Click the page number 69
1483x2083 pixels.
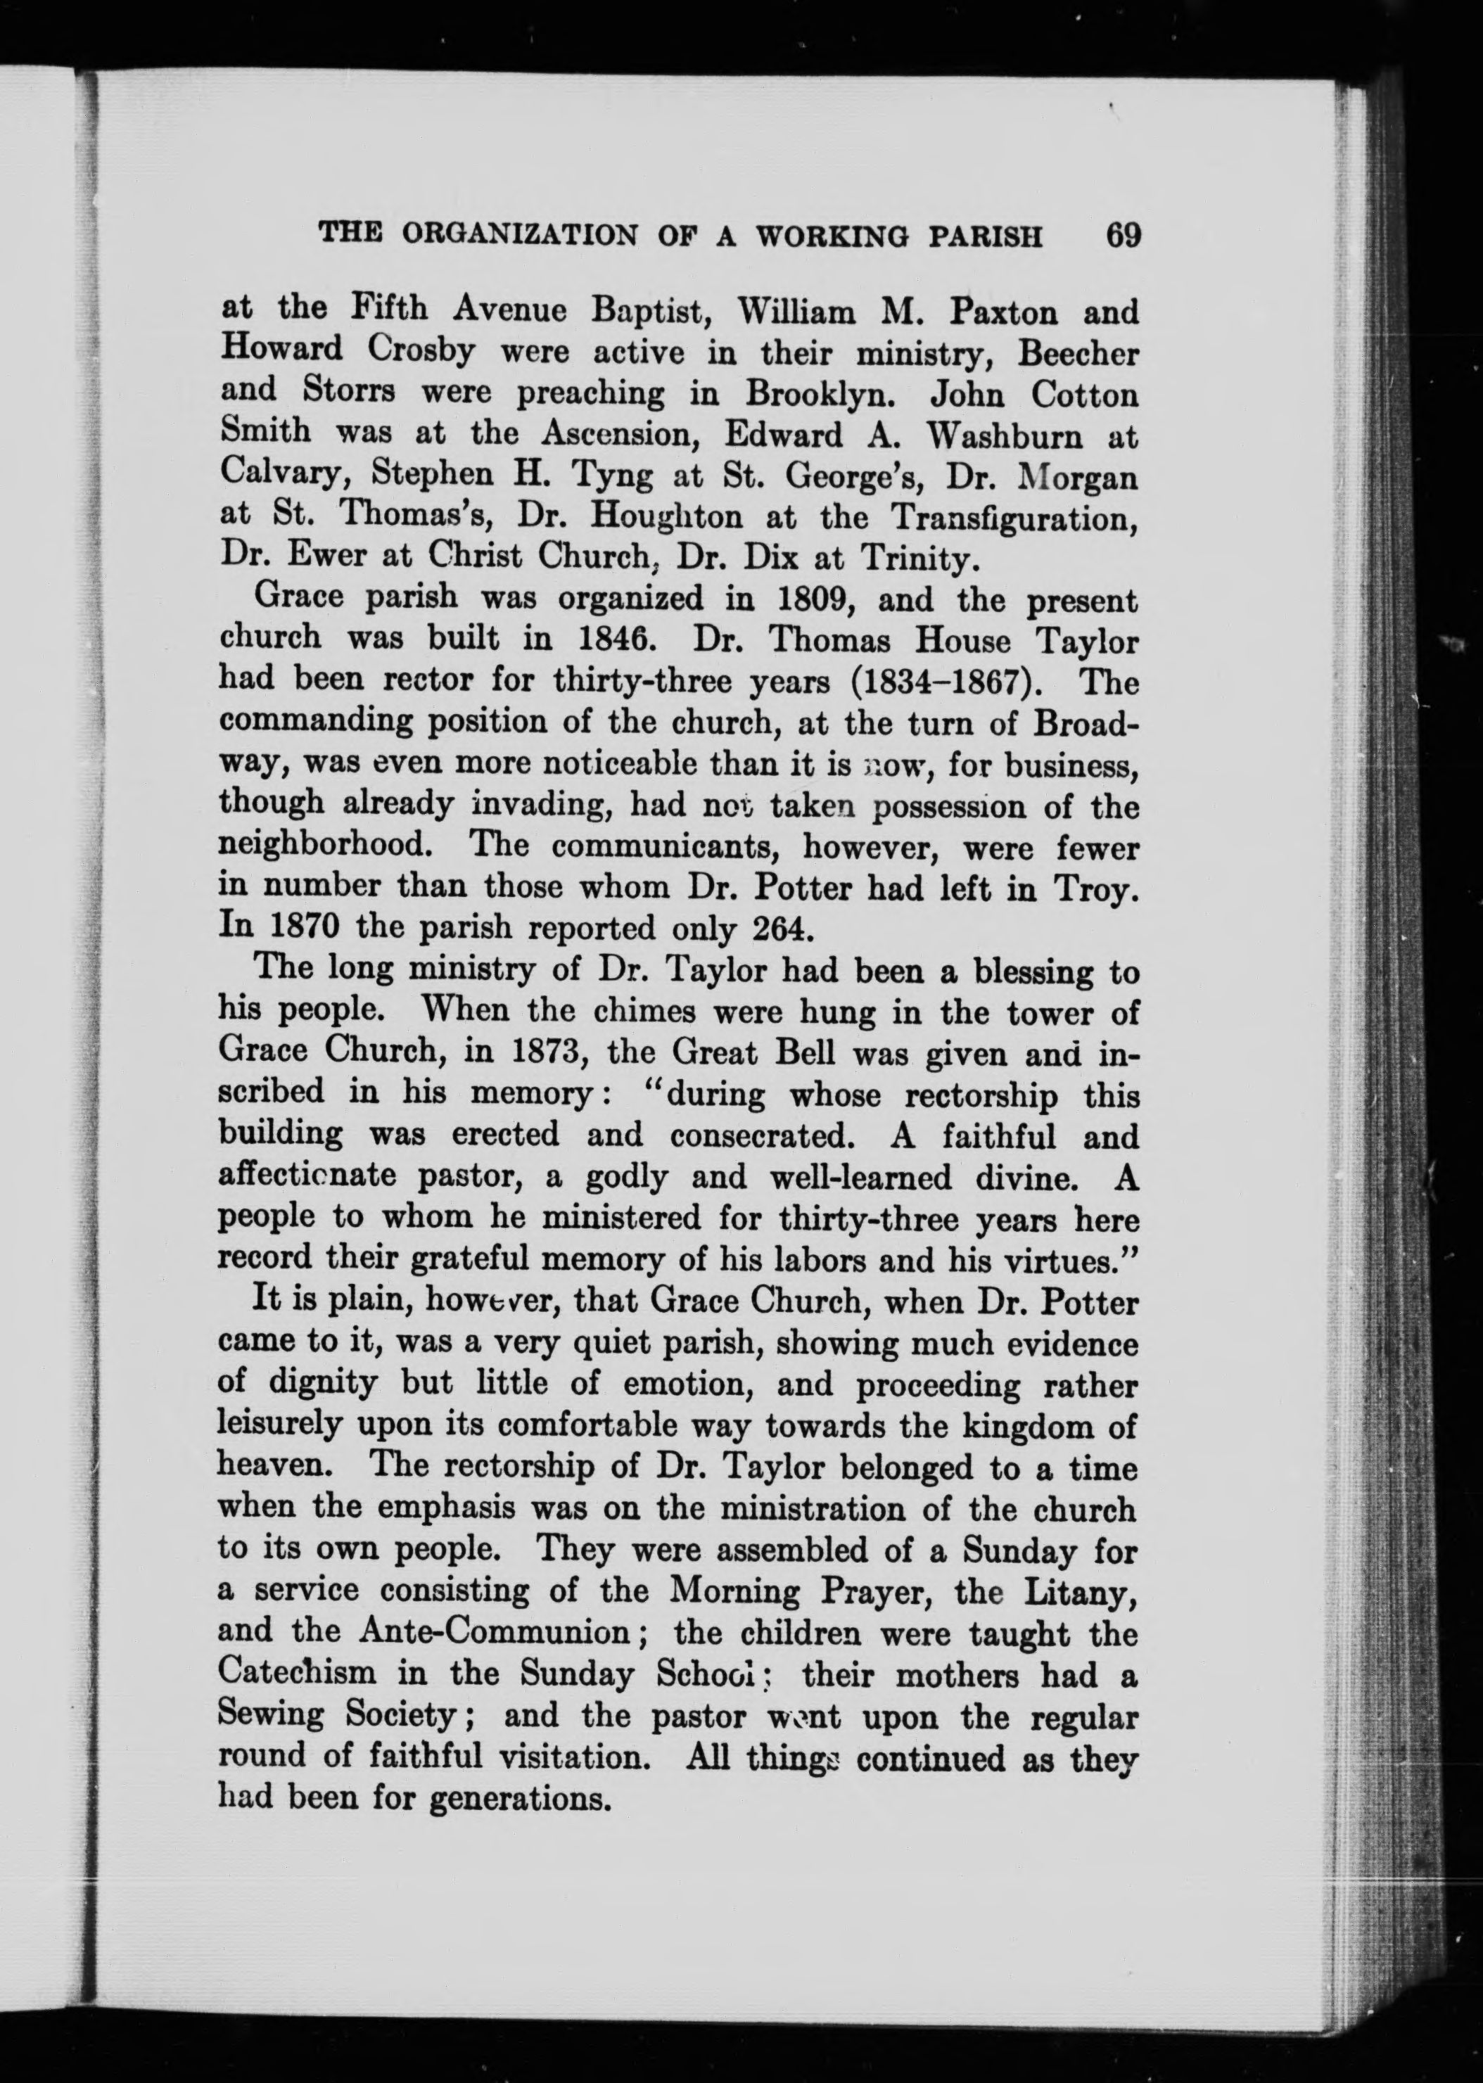pyautogui.click(x=1122, y=236)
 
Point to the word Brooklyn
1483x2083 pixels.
pyautogui.click(x=815, y=393)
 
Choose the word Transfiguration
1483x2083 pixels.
pyautogui.click(x=1014, y=518)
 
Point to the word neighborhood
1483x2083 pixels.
pyautogui.click(x=326, y=845)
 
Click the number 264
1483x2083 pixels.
pyautogui.click(x=781, y=929)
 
